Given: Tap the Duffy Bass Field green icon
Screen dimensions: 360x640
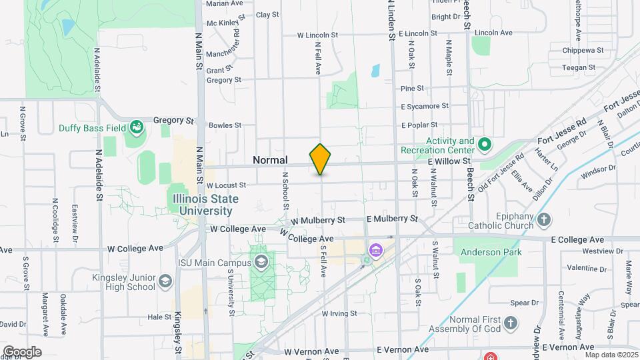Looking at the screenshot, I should pos(137,126).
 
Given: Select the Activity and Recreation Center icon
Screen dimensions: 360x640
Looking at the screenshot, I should pos(485,143).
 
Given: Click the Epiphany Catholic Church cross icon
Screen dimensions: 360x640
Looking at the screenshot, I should pos(545,219).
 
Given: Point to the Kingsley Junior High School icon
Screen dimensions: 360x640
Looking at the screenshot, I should pos(165,282).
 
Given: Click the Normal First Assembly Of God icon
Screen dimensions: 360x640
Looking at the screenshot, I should pos(510,323).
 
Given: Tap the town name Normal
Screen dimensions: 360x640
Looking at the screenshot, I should pos(270,160).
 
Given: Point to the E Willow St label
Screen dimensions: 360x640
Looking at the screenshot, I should pos(449,161).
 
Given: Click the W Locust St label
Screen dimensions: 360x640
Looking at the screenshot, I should pos(227,185).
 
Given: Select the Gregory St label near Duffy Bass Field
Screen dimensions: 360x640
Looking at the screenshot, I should pos(173,121).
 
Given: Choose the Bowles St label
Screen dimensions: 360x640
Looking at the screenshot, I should pos(225,125).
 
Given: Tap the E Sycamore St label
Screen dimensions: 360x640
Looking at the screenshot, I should pos(425,106).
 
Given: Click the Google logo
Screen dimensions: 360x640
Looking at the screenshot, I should pos(22,351).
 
